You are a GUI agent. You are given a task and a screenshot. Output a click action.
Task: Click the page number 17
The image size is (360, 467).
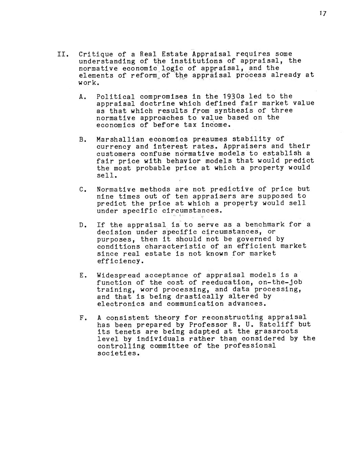click(322, 14)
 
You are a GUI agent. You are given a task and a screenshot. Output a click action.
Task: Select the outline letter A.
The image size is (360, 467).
click(81, 97)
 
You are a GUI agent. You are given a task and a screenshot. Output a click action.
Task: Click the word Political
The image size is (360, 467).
click(116, 97)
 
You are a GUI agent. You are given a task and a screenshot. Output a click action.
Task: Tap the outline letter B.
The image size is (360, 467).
click(81, 139)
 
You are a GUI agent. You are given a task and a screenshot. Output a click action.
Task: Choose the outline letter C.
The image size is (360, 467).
click(81, 189)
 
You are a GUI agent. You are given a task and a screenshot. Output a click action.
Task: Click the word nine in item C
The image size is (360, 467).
click(105, 196)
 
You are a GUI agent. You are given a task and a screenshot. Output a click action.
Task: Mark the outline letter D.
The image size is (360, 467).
click(81, 225)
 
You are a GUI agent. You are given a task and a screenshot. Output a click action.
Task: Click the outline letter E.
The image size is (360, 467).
click(81, 275)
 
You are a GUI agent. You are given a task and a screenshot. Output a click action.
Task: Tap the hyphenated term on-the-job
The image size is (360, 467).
click(280, 282)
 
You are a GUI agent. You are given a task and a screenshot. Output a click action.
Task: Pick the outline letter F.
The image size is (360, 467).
click(81, 318)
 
